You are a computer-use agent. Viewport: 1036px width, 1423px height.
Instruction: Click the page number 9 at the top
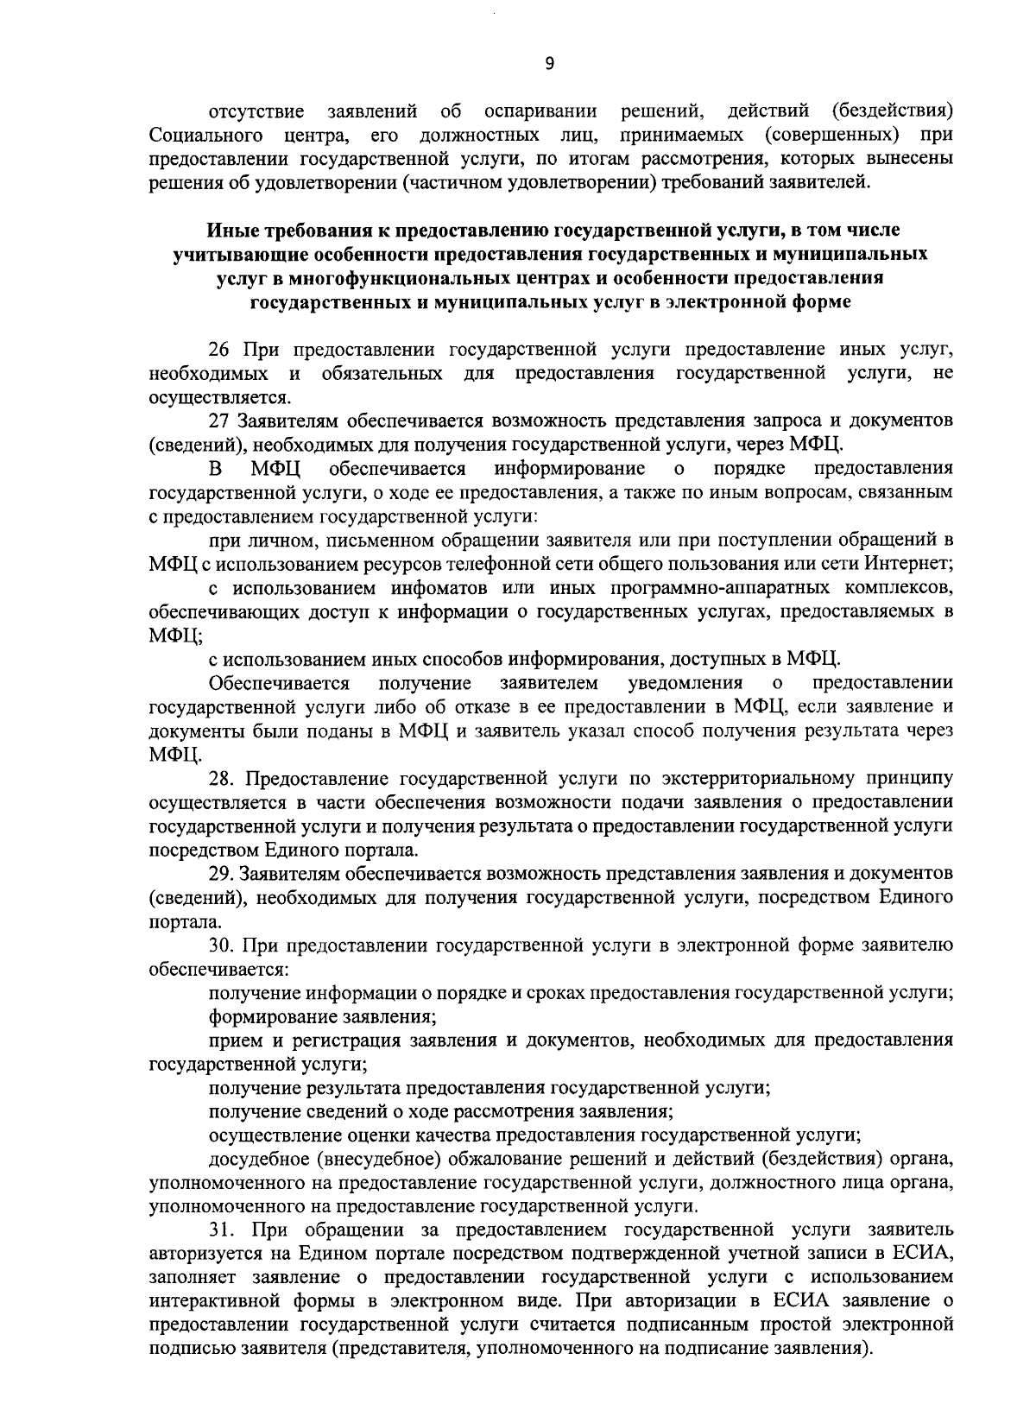coord(550,62)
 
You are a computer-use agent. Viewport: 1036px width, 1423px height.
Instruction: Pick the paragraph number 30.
coord(224,945)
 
